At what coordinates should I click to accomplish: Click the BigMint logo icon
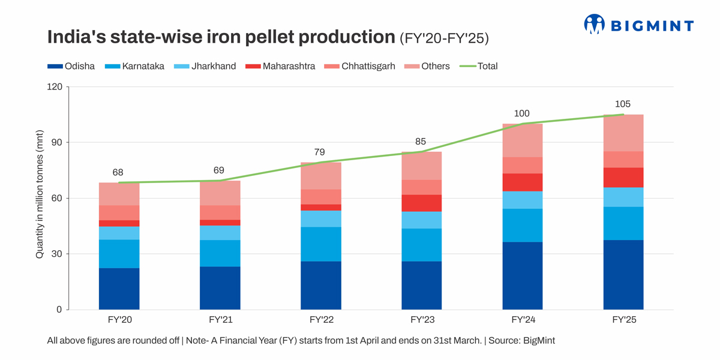(x=594, y=25)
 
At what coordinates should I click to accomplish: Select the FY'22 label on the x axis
(x=321, y=320)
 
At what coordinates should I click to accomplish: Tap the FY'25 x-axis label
(x=623, y=320)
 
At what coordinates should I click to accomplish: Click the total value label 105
(x=623, y=104)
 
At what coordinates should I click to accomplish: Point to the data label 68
(x=118, y=172)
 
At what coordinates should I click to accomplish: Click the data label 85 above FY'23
(x=421, y=142)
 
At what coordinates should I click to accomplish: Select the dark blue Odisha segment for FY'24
(x=522, y=276)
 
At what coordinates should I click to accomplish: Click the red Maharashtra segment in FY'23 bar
(x=421, y=203)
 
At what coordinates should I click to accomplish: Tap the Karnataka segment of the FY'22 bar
(x=320, y=244)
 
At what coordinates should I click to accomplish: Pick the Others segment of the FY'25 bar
(x=623, y=133)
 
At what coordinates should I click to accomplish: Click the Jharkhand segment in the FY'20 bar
(x=119, y=233)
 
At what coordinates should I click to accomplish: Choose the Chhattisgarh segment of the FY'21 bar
(x=220, y=212)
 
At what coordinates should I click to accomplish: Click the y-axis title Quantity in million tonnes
(x=40, y=194)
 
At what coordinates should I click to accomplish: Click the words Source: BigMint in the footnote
(x=521, y=341)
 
